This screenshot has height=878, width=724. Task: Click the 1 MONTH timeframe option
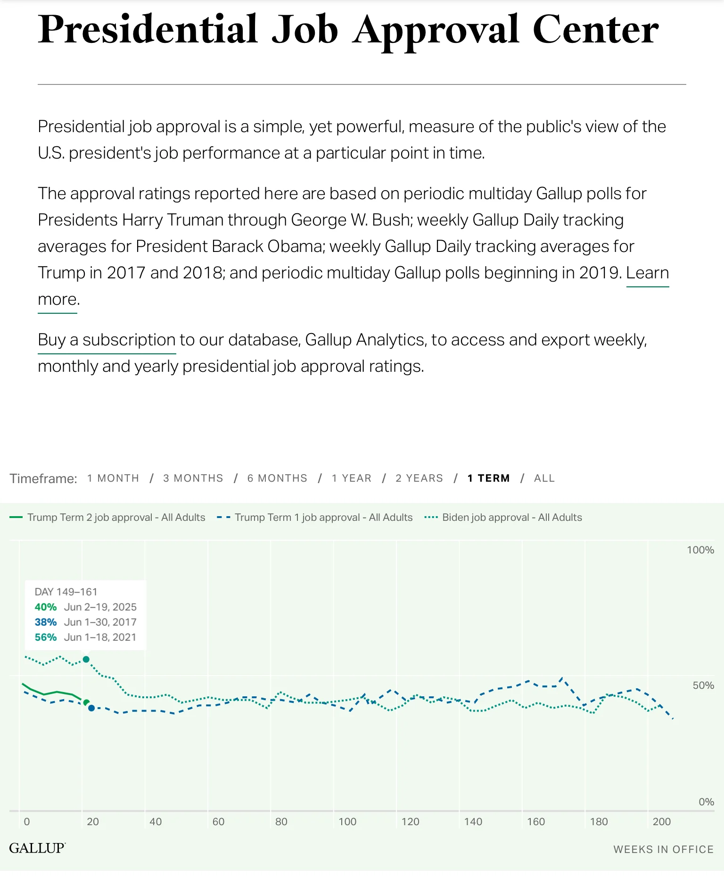(x=113, y=478)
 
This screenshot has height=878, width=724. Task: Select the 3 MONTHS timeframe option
(x=193, y=478)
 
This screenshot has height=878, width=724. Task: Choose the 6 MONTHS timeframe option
(x=277, y=478)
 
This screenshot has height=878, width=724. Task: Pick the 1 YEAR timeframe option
(x=352, y=478)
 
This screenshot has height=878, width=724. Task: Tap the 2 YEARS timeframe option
(x=419, y=478)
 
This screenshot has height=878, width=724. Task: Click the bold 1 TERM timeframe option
(x=488, y=478)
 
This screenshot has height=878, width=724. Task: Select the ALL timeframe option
(x=544, y=478)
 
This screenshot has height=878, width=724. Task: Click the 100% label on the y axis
(x=700, y=550)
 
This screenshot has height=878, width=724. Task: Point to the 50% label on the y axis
(x=703, y=685)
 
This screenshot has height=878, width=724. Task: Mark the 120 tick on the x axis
(x=410, y=821)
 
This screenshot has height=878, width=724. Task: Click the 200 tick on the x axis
(x=661, y=821)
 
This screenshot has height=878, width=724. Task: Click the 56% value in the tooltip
(x=46, y=637)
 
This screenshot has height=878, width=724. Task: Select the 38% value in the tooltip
(x=46, y=622)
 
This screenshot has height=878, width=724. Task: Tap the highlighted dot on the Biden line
(x=86, y=659)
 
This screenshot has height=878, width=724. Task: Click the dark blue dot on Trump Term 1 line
(x=91, y=708)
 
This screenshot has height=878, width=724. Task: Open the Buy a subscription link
(x=107, y=340)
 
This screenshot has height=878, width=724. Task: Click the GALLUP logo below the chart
(x=37, y=848)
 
